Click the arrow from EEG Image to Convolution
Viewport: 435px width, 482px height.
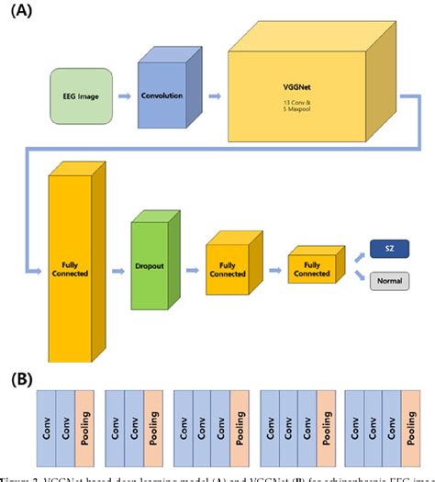[123, 94]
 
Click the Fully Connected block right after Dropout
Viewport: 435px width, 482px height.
[227, 272]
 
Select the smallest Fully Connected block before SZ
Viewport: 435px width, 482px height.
[309, 271]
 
